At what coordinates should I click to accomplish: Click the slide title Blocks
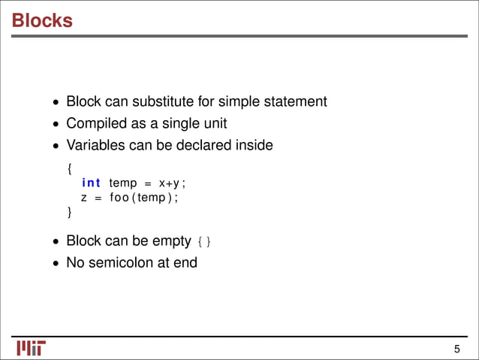[x=42, y=20]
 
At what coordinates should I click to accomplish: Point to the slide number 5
[x=456, y=349]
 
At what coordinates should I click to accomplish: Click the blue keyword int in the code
[x=91, y=183]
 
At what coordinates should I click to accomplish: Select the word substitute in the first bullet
[x=178, y=101]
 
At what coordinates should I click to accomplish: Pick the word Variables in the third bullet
[x=95, y=145]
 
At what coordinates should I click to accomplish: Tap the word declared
[x=212, y=145]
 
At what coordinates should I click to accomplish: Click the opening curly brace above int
[x=70, y=169]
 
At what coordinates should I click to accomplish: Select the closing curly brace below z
[x=70, y=213]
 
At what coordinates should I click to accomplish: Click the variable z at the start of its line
[x=84, y=198]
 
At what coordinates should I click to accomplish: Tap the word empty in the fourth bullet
[x=170, y=242]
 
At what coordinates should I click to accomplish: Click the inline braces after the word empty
[x=204, y=242]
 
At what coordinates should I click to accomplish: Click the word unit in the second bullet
[x=215, y=123]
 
